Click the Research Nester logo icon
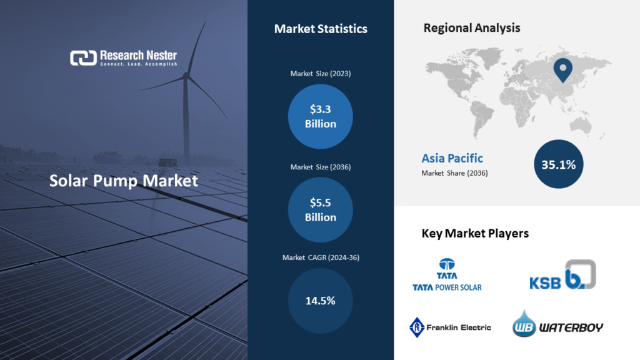83,58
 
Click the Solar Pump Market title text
124,181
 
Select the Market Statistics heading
321,29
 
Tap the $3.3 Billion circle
321,116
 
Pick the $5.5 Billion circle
321,210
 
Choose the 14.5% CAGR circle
321,301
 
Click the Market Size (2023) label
321,74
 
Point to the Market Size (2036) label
321,167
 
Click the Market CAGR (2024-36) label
321,257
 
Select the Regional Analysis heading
472,28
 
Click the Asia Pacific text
452,158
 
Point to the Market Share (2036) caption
454,173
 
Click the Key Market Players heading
475,234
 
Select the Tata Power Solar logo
447,274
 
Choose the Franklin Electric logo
450,327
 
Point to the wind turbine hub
186,77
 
